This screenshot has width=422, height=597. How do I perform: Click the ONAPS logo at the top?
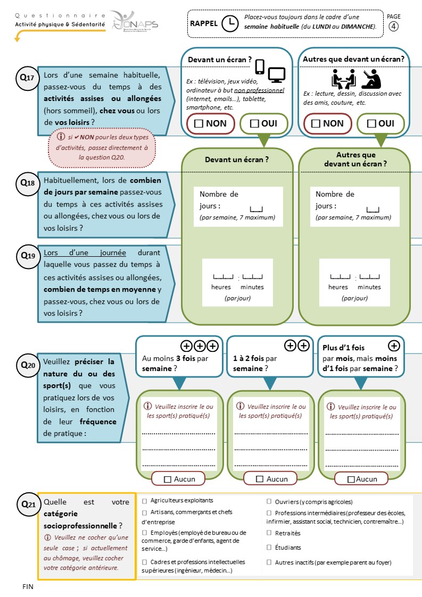(x=135, y=22)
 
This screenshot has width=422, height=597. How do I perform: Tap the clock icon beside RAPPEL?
(x=230, y=23)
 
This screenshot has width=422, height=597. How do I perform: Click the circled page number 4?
(x=393, y=26)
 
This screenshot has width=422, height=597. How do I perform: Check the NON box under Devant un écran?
(x=198, y=124)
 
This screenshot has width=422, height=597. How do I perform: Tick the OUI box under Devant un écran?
(x=254, y=124)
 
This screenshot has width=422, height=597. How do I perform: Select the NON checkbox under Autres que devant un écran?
(x=316, y=124)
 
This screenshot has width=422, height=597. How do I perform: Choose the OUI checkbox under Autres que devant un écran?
(x=371, y=124)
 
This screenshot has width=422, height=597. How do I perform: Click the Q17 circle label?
(x=27, y=78)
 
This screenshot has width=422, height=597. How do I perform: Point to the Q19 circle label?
(x=28, y=256)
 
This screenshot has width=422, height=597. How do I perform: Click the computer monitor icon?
(x=276, y=75)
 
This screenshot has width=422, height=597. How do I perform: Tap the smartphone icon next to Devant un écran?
(x=260, y=67)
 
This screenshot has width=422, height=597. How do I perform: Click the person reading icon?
(x=371, y=79)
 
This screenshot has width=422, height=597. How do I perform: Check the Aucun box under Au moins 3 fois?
(x=167, y=480)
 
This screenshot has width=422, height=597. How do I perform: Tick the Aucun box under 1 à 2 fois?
(x=260, y=479)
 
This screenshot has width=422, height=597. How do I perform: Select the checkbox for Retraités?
(x=269, y=533)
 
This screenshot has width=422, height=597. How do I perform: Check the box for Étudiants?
(x=269, y=548)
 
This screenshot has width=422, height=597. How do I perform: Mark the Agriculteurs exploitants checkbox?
(x=144, y=501)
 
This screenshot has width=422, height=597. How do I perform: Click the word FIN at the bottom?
(x=28, y=587)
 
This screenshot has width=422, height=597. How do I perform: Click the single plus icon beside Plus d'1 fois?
(x=394, y=346)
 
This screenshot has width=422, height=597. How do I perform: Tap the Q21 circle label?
(x=28, y=505)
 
